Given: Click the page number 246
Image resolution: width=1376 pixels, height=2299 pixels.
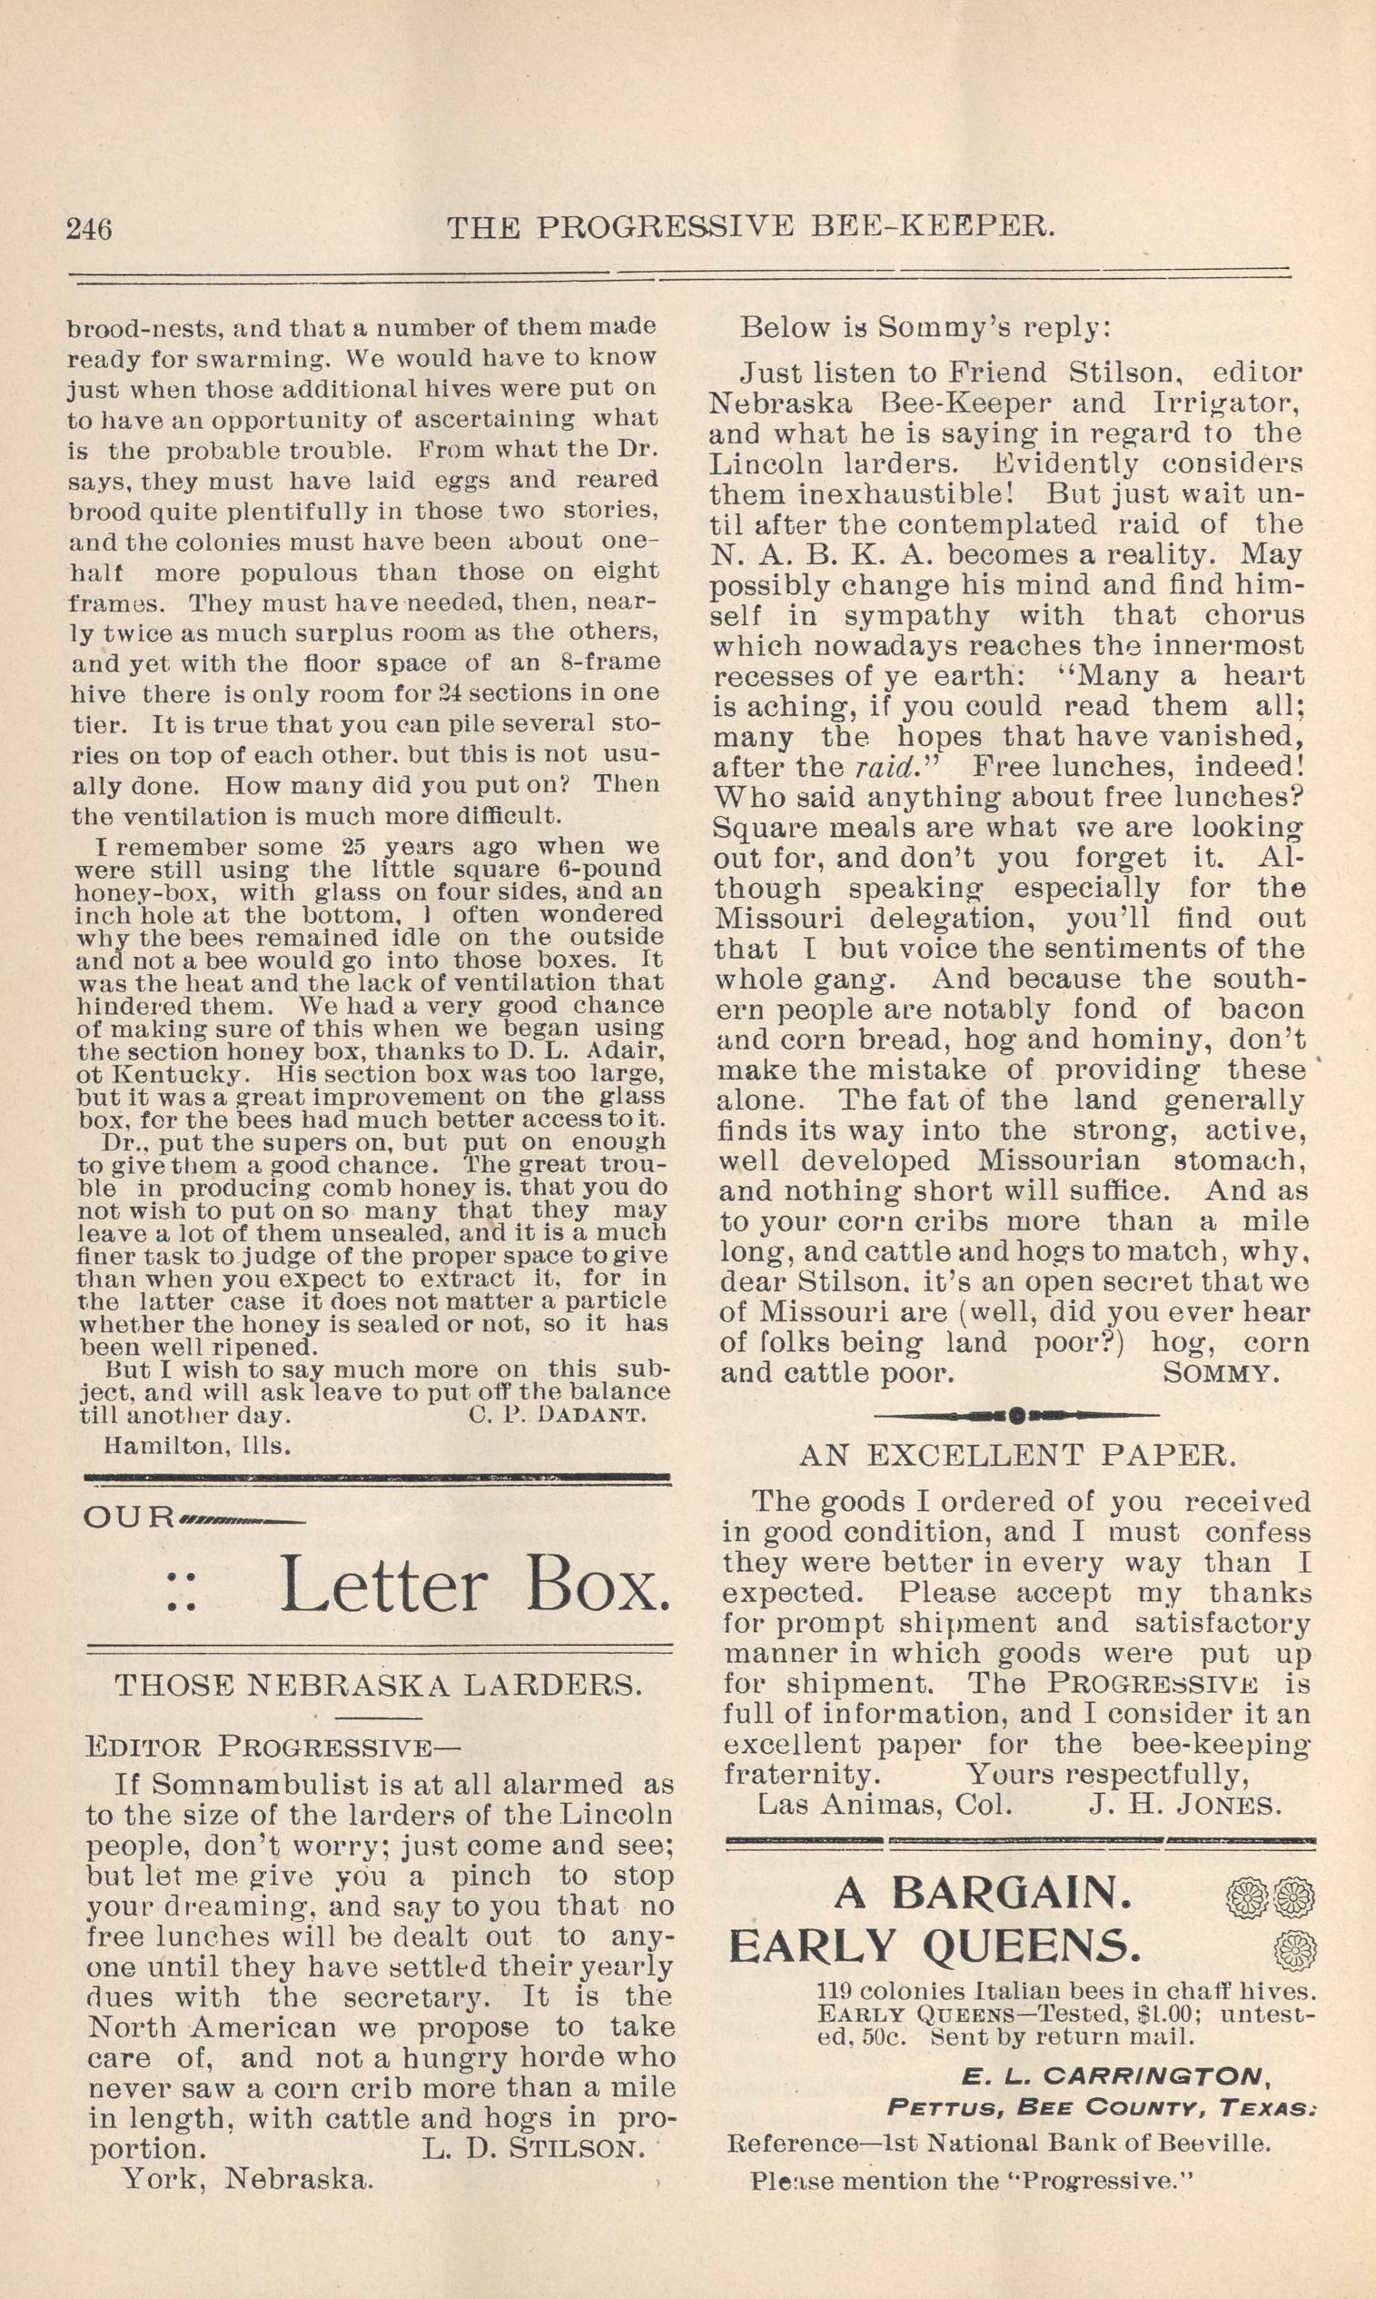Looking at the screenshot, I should coord(89,227).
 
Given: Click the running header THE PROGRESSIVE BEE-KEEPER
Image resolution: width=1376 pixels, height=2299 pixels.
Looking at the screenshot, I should coord(750,226).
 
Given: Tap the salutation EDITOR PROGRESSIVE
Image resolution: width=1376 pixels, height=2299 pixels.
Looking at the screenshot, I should coord(272,1747).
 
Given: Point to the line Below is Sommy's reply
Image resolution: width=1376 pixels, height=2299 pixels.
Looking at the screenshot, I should coord(924,327).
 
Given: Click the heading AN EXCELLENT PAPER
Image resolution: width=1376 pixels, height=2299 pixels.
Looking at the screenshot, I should coord(1017,1455).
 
